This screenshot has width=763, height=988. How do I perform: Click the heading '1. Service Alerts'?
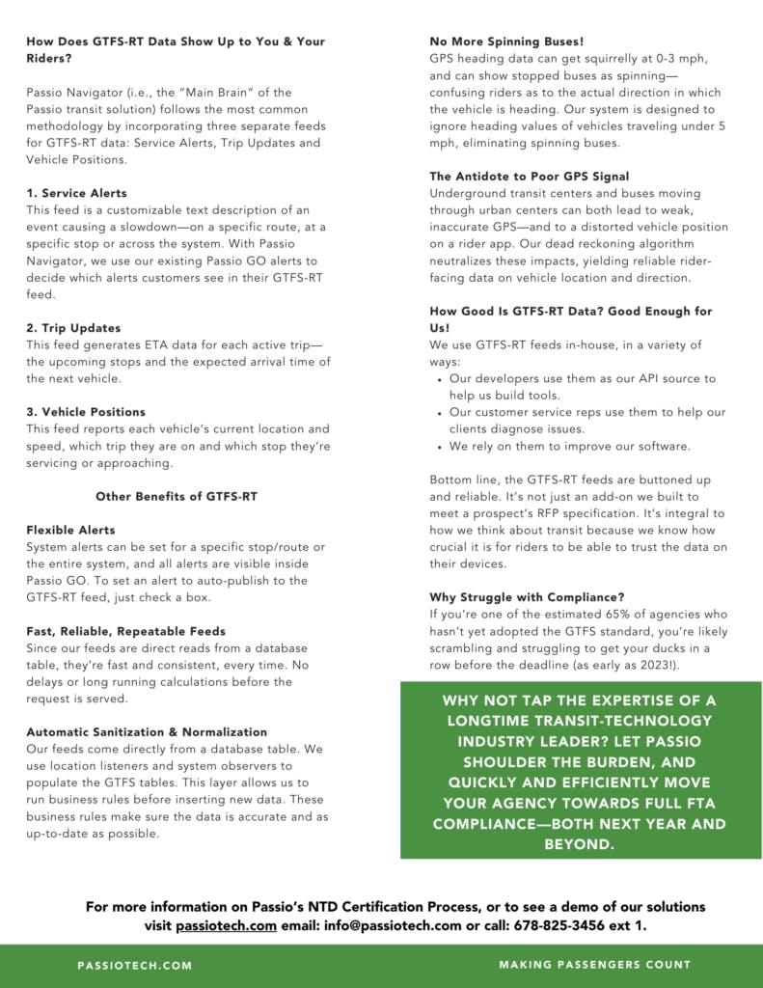coord(76,193)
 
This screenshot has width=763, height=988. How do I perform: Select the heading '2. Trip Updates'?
coord(73,328)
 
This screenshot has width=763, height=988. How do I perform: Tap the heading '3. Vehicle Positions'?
coord(86,412)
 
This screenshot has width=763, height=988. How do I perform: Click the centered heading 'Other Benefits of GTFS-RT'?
coord(176,496)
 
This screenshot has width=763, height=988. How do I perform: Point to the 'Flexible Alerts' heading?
coord(70,530)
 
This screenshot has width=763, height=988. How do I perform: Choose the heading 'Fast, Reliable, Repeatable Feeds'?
coord(125,631)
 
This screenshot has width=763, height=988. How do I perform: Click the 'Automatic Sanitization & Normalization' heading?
coord(147,732)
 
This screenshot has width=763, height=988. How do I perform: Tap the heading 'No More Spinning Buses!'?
coord(506,41)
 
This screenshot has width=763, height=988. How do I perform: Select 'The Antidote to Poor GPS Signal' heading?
coord(529,177)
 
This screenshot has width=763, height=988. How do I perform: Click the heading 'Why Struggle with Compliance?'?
coord(526,597)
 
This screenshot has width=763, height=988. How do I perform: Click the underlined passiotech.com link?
coord(224,925)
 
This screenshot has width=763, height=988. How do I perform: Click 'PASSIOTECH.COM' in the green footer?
coord(135,965)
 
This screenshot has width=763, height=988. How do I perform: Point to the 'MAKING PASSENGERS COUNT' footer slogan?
coord(595,965)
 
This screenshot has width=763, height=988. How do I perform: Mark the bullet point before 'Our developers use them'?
coord(440,379)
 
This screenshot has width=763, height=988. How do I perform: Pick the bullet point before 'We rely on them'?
coord(440,447)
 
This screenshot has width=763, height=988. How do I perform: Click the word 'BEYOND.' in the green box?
coord(579,844)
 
